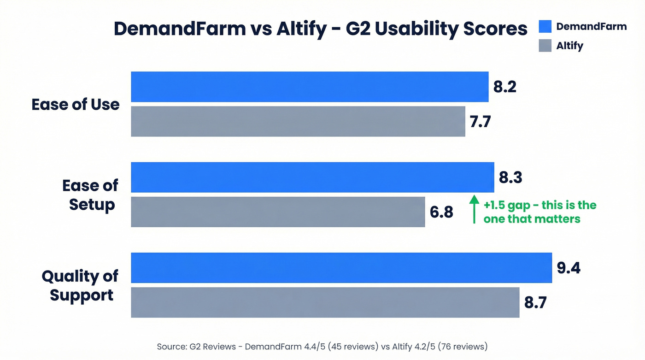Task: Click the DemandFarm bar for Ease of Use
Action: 310,87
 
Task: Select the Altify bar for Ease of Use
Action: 298,121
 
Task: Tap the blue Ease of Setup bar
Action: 312,177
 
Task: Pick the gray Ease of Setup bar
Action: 278,212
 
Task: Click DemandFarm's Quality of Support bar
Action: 341,267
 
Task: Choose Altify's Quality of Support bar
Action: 325,302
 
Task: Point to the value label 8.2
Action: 504,87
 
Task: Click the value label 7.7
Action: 480,122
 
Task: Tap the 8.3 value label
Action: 510,177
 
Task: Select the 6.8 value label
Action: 441,212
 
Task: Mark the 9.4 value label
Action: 569,268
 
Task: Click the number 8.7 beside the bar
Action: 536,303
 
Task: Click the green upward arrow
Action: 474,210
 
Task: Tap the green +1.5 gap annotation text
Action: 539,212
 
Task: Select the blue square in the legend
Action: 545,27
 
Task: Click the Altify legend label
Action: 569,46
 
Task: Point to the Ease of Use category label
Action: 76,105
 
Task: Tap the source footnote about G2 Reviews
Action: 322,346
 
